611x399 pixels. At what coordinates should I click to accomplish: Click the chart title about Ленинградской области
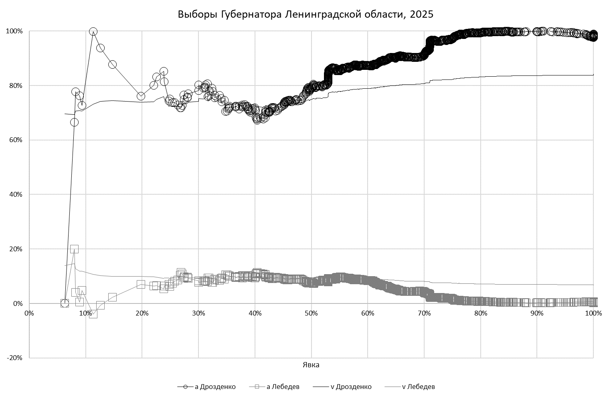(305, 14)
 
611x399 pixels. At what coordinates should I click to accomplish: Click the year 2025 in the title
(421, 14)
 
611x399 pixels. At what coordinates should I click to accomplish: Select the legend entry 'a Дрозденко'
(215, 387)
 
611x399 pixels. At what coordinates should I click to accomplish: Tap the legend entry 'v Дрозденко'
(351, 387)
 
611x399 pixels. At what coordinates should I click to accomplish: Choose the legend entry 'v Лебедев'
(419, 387)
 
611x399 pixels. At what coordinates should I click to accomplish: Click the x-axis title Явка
(311, 365)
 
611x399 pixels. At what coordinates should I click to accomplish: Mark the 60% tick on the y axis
(15, 140)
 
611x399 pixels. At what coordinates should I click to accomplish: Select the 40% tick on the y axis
(15, 195)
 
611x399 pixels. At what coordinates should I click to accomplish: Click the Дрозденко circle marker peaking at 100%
(93, 31)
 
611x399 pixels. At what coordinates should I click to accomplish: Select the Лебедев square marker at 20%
(74, 249)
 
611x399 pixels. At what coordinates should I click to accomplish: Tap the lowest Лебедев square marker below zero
(93, 314)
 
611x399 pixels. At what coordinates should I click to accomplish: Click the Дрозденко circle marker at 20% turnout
(141, 96)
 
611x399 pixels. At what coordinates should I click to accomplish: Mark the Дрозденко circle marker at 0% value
(65, 303)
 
